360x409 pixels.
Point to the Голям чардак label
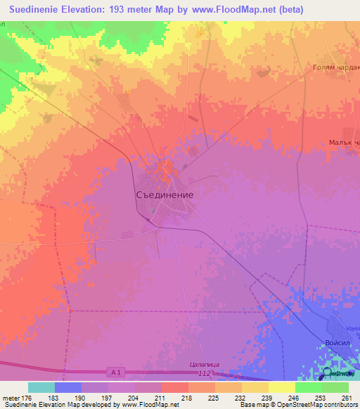(x=336, y=68)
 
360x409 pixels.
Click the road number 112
(x=205, y=373)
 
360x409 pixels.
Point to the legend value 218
(x=188, y=397)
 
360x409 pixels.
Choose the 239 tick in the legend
(x=267, y=397)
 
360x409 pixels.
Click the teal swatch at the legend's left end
(x=41, y=387)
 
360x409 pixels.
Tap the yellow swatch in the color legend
(x=281, y=387)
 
